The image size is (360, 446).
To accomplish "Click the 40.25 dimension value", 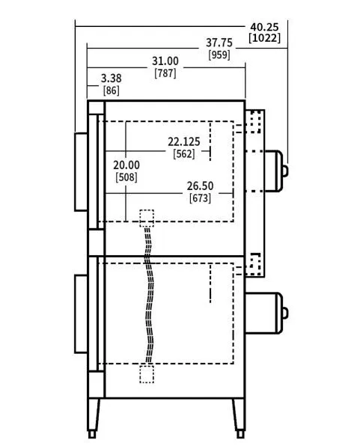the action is [264, 27].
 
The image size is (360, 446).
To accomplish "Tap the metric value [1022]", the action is [264, 38].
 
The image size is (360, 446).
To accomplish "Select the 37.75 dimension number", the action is [219, 43].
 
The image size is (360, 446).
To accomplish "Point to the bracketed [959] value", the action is [219, 55].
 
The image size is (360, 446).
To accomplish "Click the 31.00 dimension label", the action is [165, 61].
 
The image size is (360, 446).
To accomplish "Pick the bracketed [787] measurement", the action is [165, 73].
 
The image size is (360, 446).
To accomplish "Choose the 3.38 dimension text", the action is [112, 79].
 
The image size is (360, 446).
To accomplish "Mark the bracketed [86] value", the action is [112, 91].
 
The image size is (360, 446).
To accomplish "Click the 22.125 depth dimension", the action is [184, 141].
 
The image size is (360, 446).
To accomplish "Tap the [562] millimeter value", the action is [184, 154].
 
